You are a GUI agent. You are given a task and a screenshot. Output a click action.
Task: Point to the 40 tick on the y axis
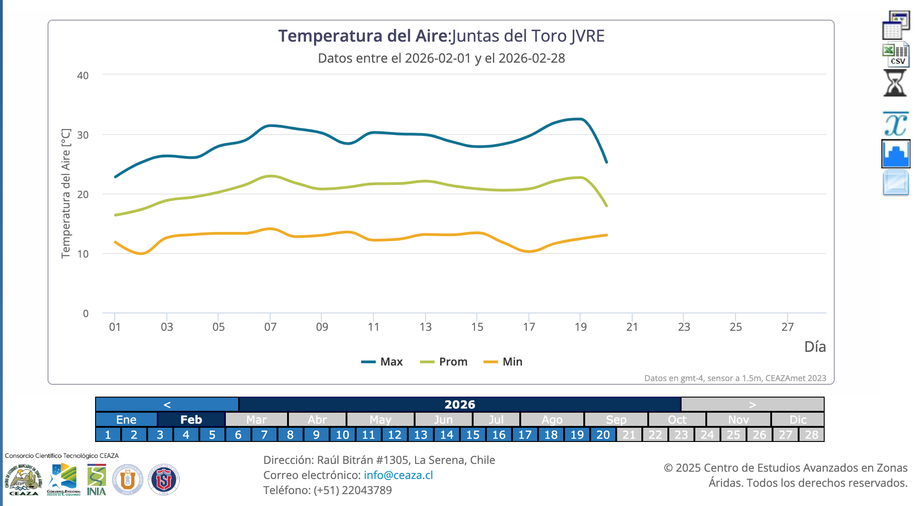[83, 75]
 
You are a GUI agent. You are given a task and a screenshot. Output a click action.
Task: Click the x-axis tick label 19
[581, 327]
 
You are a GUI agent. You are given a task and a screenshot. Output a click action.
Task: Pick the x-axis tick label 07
[270, 327]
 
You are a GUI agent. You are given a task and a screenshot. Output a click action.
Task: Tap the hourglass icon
[895, 83]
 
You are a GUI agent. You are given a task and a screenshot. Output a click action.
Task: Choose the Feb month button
[191, 420]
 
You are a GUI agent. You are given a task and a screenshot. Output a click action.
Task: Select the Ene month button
[126, 420]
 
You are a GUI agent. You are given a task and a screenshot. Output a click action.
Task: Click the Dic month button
[798, 420]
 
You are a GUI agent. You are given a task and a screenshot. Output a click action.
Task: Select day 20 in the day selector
[603, 435]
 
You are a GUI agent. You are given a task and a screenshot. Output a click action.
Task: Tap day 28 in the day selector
[811, 435]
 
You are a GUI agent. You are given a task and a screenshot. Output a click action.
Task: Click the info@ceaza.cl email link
[398, 475]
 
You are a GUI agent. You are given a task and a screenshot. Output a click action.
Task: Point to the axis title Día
[815, 347]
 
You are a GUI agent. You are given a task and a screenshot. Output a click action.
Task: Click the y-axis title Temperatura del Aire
[66, 193]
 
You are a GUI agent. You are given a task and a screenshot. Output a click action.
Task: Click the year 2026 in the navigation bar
[459, 404]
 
